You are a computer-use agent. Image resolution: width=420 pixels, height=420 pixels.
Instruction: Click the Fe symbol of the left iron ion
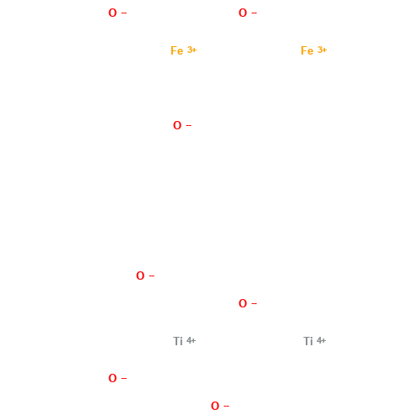176,51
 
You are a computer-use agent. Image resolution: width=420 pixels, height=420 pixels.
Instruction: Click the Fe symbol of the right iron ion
307,51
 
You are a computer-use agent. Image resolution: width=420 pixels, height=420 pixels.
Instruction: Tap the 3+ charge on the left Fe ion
192,50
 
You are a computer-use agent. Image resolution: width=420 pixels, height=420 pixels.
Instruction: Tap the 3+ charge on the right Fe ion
322,50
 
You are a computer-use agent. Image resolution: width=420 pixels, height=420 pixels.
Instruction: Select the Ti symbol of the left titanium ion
177,341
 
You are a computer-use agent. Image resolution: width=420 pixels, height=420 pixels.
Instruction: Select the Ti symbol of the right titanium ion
307,341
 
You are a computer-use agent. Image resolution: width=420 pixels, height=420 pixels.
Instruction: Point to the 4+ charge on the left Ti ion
192,340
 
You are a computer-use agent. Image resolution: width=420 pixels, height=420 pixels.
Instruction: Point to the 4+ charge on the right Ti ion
322,340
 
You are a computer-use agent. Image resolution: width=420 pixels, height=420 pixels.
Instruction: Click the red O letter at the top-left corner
113,13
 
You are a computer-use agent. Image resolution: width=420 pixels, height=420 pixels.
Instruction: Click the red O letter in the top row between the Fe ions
243,13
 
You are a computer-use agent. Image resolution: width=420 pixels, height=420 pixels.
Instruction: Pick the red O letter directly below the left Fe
177,126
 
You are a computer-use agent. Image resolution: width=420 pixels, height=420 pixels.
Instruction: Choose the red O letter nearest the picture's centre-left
140,276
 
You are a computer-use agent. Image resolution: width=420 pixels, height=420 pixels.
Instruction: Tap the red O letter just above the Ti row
243,304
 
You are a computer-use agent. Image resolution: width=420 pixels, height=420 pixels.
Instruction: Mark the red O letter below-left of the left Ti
113,379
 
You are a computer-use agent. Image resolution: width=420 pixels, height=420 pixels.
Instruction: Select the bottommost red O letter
215,407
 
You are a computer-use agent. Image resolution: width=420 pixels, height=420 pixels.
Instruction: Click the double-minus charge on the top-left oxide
124,13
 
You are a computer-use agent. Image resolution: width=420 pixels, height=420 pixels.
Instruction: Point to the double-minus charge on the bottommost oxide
227,406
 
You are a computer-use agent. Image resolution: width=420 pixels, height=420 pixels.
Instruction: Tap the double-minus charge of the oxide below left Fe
189,125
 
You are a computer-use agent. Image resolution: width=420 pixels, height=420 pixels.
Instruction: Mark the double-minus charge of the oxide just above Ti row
255,303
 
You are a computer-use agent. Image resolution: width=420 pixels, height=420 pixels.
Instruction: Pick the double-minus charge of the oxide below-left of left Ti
124,378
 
